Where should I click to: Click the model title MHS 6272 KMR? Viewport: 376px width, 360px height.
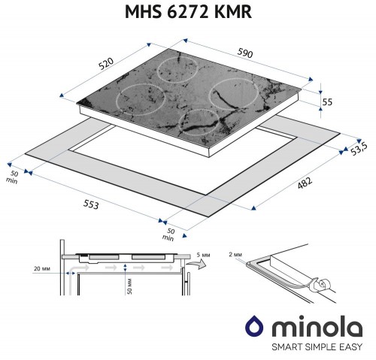(188, 13)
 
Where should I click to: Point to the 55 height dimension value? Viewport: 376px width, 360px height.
(326, 101)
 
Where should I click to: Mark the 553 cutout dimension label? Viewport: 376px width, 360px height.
(89, 204)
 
